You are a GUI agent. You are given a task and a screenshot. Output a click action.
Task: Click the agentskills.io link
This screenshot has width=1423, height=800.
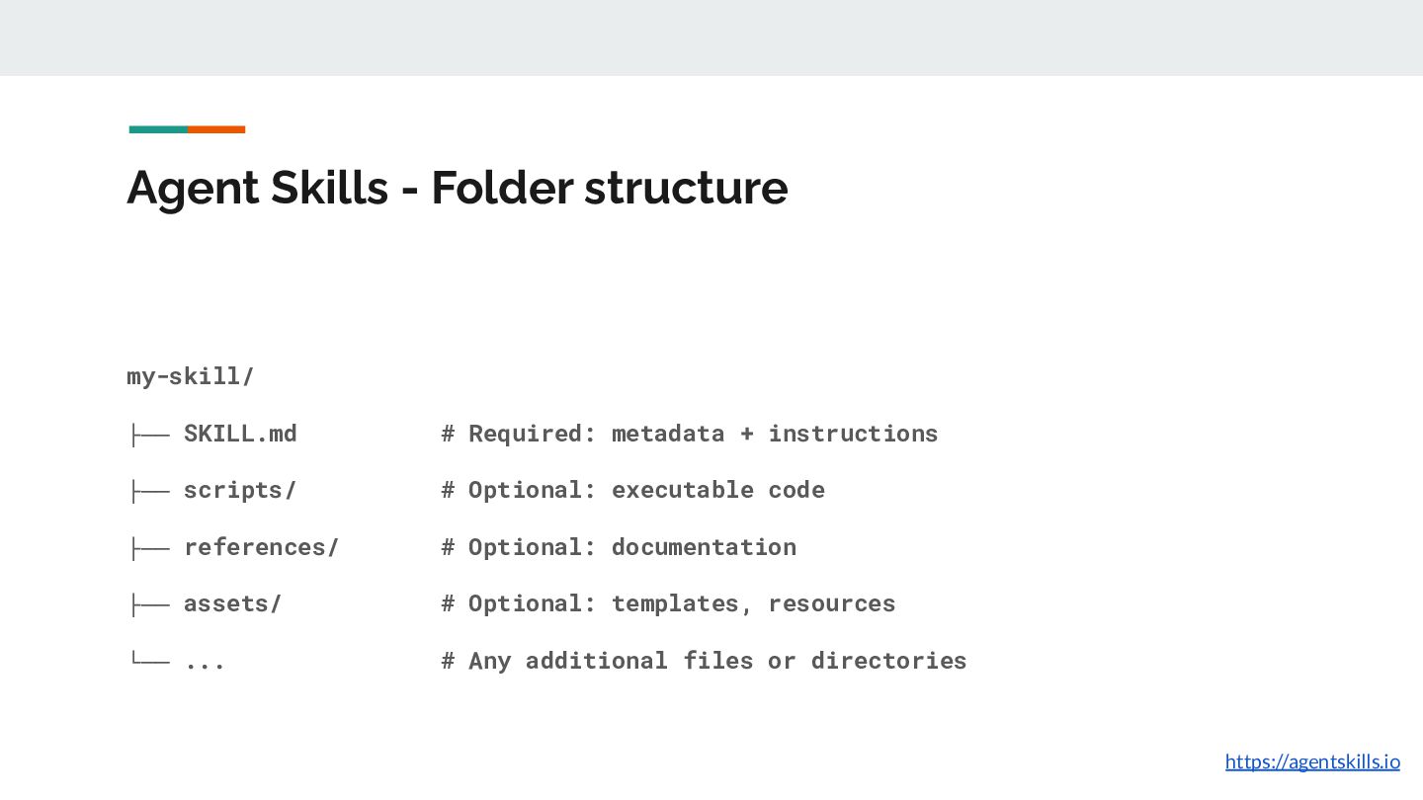1312,761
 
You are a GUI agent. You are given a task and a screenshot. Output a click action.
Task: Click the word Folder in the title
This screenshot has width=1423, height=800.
502,188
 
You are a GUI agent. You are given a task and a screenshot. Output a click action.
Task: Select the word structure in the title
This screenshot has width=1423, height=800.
686,188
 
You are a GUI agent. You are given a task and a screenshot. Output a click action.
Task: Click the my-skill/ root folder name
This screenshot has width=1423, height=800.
191,376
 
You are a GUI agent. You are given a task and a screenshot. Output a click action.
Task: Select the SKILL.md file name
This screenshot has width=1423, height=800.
240,434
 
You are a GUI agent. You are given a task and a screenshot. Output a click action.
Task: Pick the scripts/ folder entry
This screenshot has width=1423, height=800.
240,491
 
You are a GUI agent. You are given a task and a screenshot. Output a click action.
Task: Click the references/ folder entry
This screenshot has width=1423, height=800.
261,547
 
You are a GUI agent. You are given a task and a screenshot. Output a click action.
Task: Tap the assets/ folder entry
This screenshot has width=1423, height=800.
232,603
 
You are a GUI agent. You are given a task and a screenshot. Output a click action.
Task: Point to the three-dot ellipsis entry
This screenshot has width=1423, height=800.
205,664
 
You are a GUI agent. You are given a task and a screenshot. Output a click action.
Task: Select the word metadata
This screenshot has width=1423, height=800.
668,434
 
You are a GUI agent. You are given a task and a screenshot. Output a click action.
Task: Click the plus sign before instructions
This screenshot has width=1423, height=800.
746,435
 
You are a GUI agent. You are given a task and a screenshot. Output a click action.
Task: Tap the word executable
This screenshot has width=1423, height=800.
683,490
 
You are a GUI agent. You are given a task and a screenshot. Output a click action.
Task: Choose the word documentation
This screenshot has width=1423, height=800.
704,547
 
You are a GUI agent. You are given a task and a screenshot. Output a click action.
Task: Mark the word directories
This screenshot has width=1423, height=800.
888,661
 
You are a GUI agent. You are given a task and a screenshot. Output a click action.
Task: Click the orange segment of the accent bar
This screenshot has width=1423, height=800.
216,129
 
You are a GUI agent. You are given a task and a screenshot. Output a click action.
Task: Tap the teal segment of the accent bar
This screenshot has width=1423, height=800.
158,129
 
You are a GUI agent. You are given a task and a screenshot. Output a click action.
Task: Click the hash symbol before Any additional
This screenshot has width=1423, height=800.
448,661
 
